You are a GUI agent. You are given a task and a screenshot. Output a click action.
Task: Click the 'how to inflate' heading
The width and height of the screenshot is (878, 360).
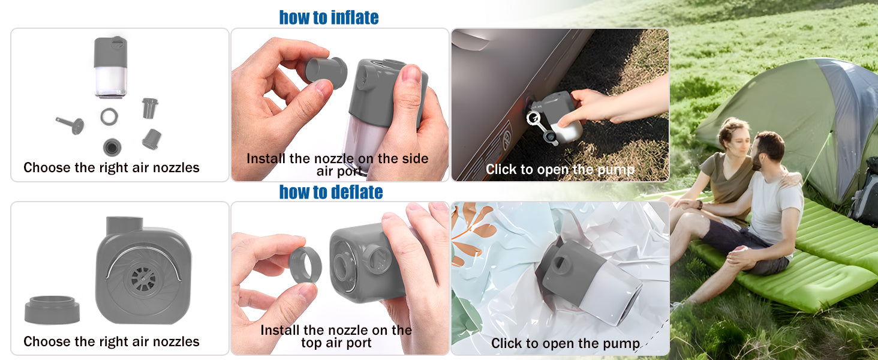click(329, 17)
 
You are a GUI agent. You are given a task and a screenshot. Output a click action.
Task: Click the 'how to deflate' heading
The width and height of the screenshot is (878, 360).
click(331, 192)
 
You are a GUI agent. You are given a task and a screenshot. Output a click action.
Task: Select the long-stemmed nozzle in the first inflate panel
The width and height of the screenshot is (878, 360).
click(71, 125)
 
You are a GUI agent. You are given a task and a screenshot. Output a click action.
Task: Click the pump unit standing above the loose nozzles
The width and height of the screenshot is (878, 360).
click(110, 67)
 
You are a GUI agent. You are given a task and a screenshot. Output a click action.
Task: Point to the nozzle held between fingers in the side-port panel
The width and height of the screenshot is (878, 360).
click(326, 72)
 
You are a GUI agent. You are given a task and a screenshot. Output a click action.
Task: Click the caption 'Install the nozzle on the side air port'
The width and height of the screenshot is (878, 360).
click(337, 165)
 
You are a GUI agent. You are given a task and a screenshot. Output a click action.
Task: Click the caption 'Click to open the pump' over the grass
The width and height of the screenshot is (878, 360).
click(560, 169)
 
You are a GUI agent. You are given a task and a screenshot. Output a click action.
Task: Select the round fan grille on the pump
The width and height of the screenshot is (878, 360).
click(143, 279)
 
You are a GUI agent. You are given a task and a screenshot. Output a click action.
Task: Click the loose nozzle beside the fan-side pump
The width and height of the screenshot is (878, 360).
click(52, 310)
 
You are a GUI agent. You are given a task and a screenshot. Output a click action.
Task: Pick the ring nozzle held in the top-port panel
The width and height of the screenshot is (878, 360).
click(305, 264)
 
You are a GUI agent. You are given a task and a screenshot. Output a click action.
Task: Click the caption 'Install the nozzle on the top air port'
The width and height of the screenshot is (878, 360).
click(336, 336)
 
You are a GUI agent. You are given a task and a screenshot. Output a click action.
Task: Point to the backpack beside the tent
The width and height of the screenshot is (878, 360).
click(864, 192)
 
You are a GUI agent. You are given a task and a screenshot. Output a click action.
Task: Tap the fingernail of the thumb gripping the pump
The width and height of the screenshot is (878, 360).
click(410, 74)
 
